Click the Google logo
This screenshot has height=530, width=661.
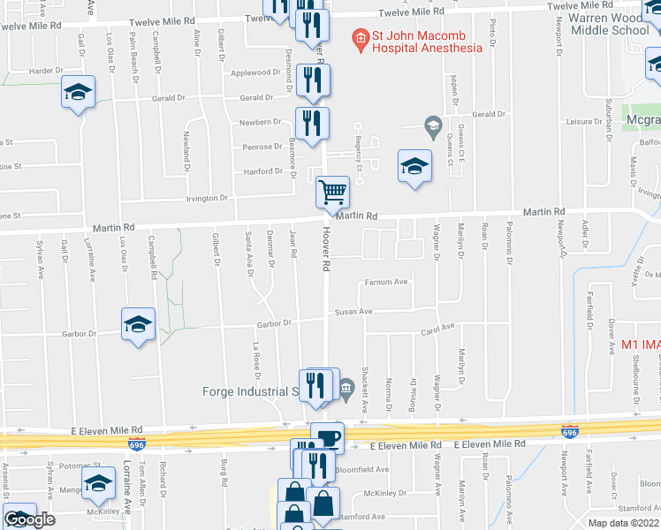(29, 519)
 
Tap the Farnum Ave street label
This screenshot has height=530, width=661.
(387, 283)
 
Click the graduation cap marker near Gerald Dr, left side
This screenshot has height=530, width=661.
(78, 92)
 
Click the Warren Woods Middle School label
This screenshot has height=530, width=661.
(612, 24)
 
